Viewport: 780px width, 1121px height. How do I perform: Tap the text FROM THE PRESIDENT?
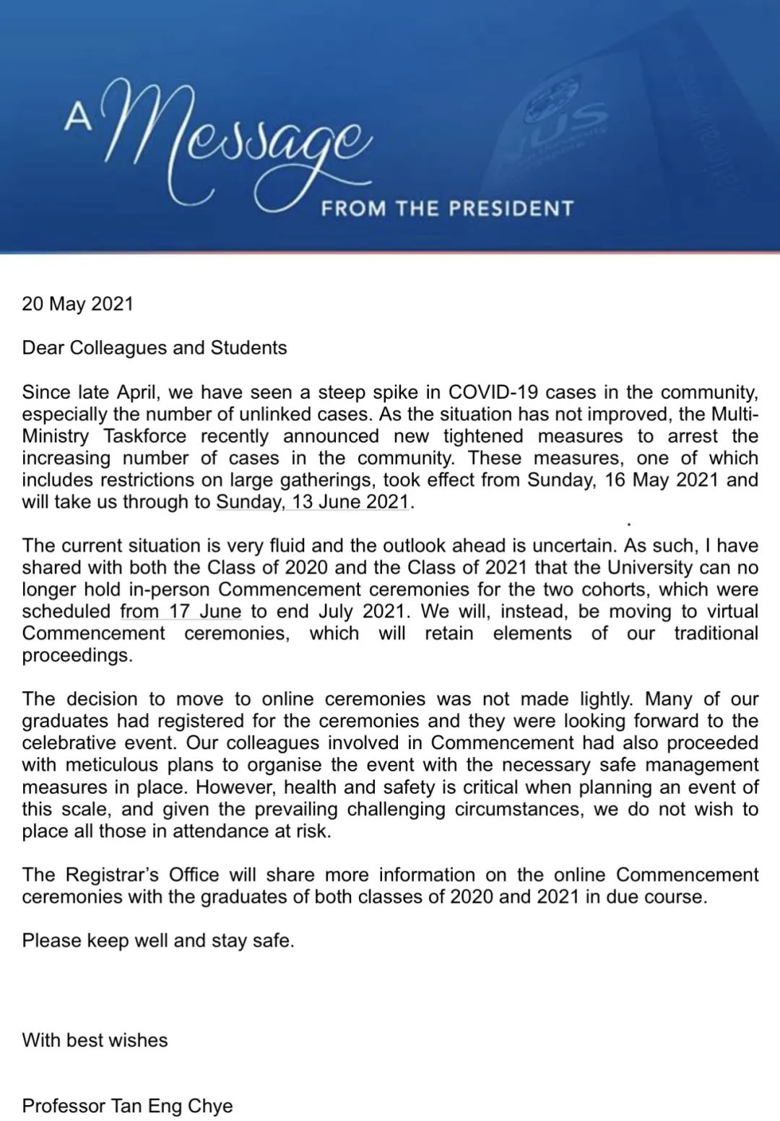tap(447, 209)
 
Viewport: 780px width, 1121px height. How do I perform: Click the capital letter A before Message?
tap(78, 118)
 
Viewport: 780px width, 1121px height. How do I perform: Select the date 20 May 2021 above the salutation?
tap(78, 303)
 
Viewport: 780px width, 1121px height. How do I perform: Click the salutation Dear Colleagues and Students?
tap(155, 347)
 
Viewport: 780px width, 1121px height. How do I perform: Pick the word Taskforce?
tap(144, 436)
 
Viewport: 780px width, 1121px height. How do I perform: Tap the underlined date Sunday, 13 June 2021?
tap(313, 502)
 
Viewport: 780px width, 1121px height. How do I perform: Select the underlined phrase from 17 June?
tap(181, 611)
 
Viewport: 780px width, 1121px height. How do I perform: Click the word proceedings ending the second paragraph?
tap(77, 655)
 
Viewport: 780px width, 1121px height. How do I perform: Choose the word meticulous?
tap(111, 765)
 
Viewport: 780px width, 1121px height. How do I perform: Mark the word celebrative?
tap(69, 743)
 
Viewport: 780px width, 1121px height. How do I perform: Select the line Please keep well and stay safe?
tap(158, 940)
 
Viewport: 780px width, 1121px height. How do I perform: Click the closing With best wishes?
tap(95, 1040)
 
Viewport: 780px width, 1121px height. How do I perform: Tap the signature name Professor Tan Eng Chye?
tap(128, 1106)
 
